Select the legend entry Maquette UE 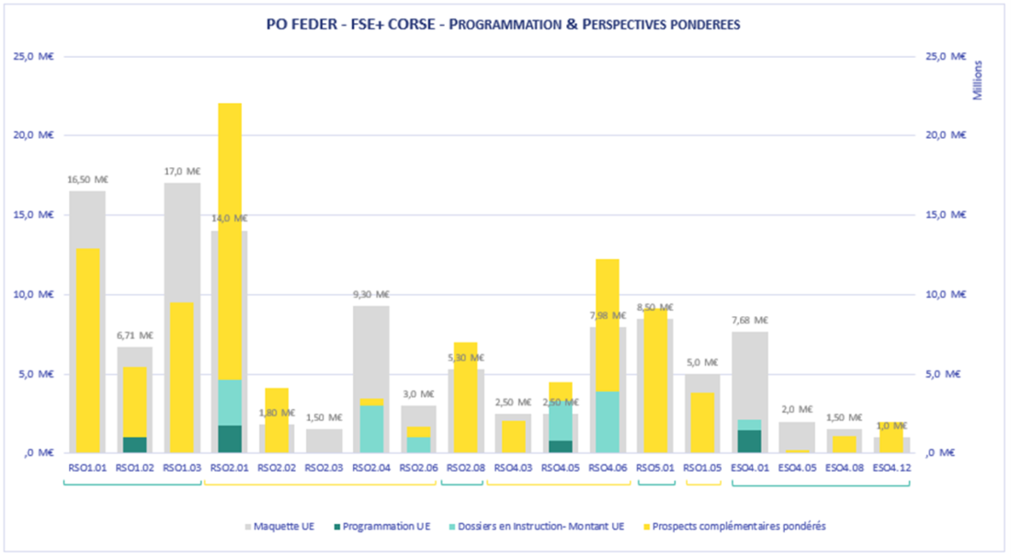pyautogui.click(x=281, y=526)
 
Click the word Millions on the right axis pyautogui.click(x=977, y=79)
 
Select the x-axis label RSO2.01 pyautogui.click(x=229, y=468)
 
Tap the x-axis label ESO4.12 pyautogui.click(x=891, y=468)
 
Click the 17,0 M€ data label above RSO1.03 pyautogui.click(x=182, y=171)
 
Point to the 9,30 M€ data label pyautogui.click(x=370, y=294)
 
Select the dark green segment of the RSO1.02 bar pyautogui.click(x=134, y=445)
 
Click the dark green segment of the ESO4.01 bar pyautogui.click(x=749, y=441)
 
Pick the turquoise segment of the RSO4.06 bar pyautogui.click(x=607, y=422)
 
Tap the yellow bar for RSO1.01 pyautogui.click(x=87, y=350)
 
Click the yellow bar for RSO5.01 pyautogui.click(x=654, y=381)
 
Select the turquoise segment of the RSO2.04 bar pyautogui.click(x=370, y=428)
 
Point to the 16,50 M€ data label pyautogui.click(x=86, y=179)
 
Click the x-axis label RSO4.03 pyautogui.click(x=513, y=468)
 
